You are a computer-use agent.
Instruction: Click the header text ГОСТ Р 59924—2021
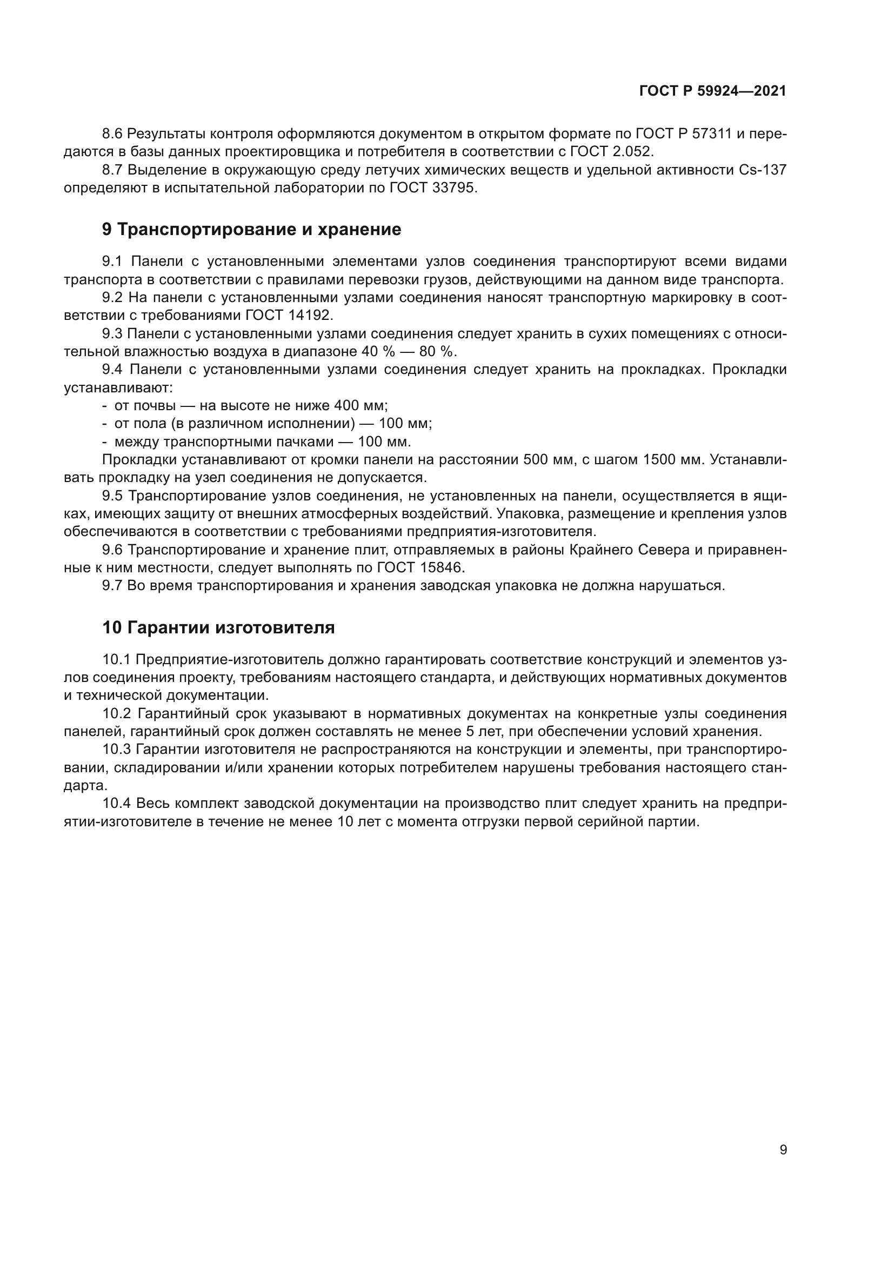tap(712, 91)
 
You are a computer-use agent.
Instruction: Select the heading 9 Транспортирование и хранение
tap(251, 230)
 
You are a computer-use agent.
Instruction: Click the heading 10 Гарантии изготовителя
tap(218, 627)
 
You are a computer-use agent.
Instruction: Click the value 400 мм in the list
tap(360, 406)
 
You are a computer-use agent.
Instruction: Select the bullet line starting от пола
tap(272, 424)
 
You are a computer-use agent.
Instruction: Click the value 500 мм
tap(547, 460)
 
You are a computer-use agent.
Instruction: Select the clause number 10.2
tap(117, 714)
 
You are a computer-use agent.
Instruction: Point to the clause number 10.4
tap(117, 804)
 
